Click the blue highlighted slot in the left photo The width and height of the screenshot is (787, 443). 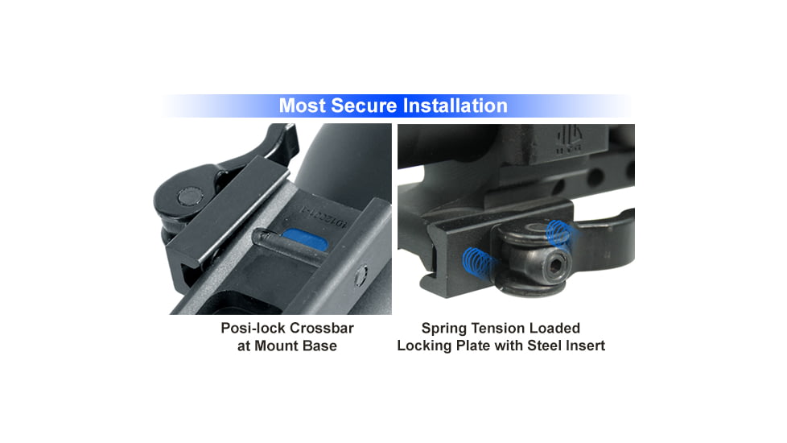tap(305, 240)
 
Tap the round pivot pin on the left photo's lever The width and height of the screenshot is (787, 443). tap(190, 197)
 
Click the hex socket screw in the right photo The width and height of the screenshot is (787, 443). tap(558, 263)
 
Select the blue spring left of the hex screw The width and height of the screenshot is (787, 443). tap(477, 262)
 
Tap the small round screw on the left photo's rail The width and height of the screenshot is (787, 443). tap(361, 275)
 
